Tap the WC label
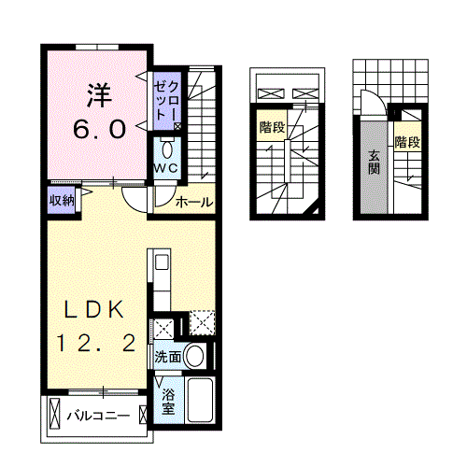tap(166, 167)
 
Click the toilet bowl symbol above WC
tap(166, 149)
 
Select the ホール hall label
tap(193, 202)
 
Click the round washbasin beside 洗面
tap(195, 355)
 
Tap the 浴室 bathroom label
tap(168, 401)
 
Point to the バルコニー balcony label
tap(96, 414)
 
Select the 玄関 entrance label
tap(374, 164)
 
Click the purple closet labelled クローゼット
tap(168, 101)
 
